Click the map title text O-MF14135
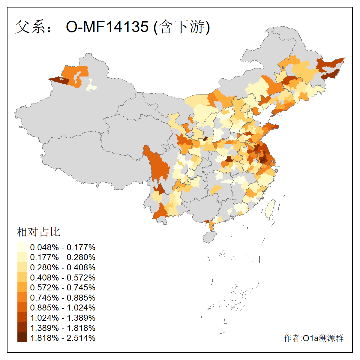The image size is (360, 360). pyautogui.click(x=107, y=27)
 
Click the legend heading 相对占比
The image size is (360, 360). pyautogui.click(x=38, y=232)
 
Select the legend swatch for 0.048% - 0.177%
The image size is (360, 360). pyautogui.click(x=22, y=247)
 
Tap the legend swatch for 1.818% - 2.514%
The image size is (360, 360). pyautogui.click(x=22, y=338)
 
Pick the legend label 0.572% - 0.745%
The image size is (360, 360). pyautogui.click(x=63, y=287)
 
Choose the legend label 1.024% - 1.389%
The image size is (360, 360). pyautogui.click(x=63, y=318)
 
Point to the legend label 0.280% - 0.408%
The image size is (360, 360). pyautogui.click(x=63, y=267)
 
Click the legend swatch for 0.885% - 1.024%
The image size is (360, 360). pyautogui.click(x=22, y=307)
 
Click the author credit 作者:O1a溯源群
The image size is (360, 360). pyautogui.click(x=313, y=338)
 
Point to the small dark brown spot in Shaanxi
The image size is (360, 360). pyautogui.click(x=206, y=139)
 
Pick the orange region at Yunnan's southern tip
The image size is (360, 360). pyautogui.click(x=161, y=211)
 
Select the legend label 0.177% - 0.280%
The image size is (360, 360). pyautogui.click(x=63, y=257)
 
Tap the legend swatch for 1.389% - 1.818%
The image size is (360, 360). pyautogui.click(x=22, y=328)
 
